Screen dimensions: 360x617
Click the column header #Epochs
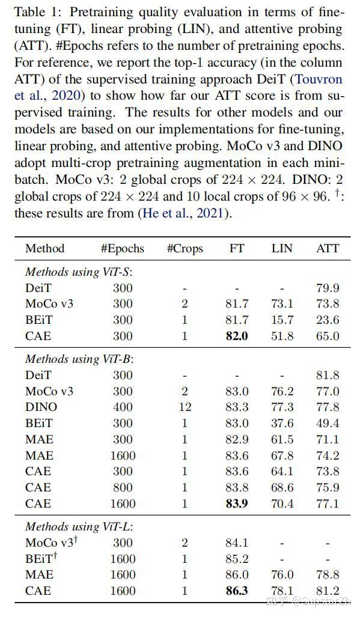(122, 248)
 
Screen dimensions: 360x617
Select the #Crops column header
(185, 248)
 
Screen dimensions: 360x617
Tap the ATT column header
(328, 248)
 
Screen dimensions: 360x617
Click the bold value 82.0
(237, 336)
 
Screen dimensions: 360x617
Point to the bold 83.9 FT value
(237, 503)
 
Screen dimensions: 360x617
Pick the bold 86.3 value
(237, 591)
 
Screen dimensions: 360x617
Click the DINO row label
(41, 407)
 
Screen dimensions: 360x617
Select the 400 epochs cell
(123, 407)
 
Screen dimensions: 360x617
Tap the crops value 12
(185, 407)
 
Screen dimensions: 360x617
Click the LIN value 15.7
(282, 320)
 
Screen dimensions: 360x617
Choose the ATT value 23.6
(328, 320)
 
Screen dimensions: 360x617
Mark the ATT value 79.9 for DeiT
(328, 288)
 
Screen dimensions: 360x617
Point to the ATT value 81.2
(328, 591)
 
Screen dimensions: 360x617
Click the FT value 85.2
(237, 559)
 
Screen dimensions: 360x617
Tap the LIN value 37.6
(282, 423)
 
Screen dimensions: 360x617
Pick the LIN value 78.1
(282, 591)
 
